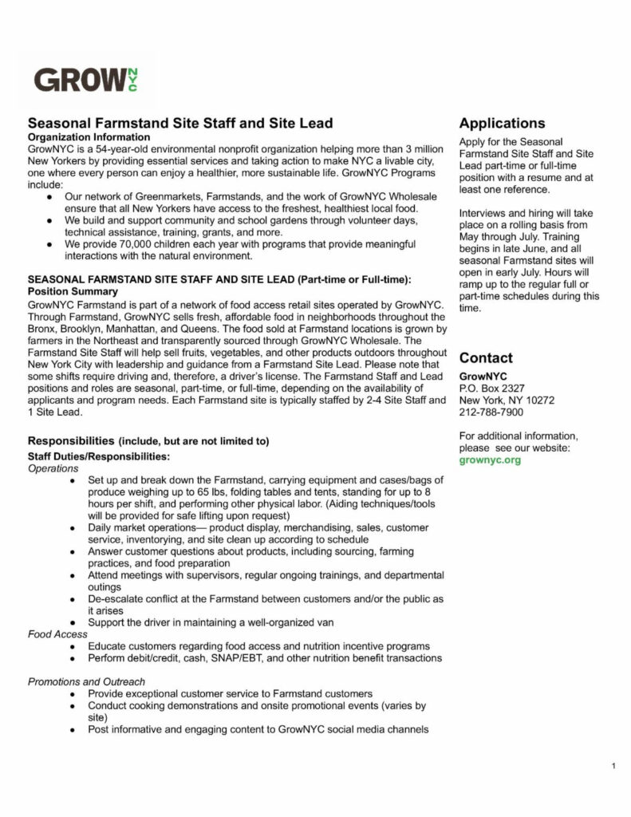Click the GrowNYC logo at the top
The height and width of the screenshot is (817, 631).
pos(85,80)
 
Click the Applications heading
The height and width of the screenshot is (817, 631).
pos(502,124)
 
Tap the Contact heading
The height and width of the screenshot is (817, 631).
pos(486,358)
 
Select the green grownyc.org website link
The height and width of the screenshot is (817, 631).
pos(490,460)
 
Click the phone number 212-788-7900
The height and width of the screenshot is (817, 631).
pos(491,412)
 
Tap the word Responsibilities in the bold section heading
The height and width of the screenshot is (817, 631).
pos(71,441)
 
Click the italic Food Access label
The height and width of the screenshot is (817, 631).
pos(57,634)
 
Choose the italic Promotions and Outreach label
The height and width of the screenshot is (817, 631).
pos(86,682)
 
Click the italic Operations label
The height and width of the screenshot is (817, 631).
pos(53,469)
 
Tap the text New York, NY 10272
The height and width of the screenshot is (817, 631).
pos(507,401)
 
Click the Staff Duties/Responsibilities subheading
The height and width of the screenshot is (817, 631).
pos(98,457)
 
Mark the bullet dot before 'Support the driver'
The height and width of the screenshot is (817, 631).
pos(73,622)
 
